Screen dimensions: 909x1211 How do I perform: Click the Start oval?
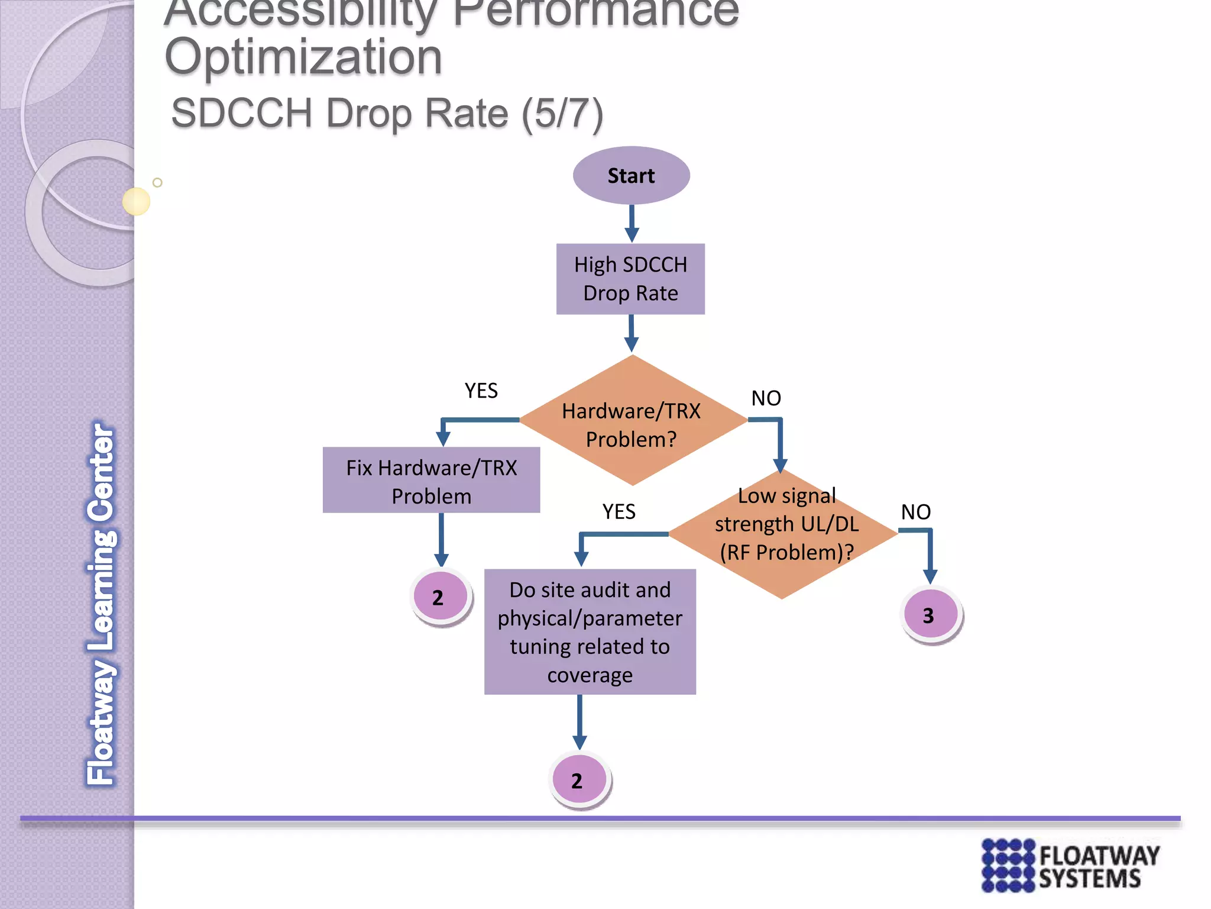[631, 176]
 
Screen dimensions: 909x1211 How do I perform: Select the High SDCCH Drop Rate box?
[630, 279]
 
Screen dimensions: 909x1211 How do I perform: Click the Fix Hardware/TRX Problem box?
[431, 480]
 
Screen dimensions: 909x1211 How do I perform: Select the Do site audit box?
[590, 631]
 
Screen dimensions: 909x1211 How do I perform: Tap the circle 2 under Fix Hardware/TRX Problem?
[440, 597]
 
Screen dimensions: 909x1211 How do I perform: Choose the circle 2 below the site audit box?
[579, 779]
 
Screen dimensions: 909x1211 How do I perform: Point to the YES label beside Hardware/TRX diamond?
[481, 391]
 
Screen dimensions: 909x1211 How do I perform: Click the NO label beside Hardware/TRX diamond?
[766, 398]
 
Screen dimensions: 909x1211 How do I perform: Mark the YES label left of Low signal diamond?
[619, 511]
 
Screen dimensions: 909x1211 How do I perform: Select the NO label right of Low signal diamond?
[915, 512]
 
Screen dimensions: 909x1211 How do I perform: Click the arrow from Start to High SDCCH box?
[632, 224]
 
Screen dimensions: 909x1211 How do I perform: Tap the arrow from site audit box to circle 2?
[579, 722]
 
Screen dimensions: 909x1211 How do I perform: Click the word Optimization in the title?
[303, 57]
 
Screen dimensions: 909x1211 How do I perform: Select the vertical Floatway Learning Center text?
[101, 604]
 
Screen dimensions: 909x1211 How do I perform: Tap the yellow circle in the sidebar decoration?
[136, 201]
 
